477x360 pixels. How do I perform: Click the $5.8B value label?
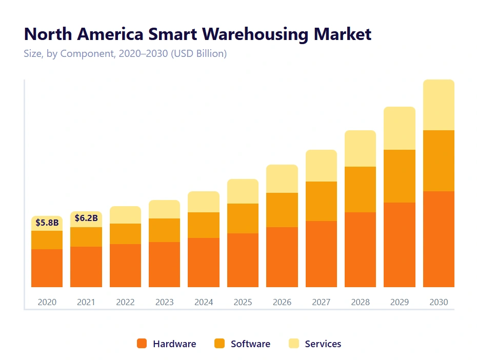[x=47, y=223]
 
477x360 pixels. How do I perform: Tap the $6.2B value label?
[x=86, y=218]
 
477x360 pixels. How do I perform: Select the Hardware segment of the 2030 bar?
[x=439, y=239]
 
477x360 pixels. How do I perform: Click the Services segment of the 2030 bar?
[x=439, y=105]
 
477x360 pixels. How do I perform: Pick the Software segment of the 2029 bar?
[x=400, y=176]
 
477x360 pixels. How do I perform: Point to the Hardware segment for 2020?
[x=47, y=268]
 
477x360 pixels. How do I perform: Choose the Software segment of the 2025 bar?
[x=243, y=218]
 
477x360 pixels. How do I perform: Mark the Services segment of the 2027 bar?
[x=321, y=166]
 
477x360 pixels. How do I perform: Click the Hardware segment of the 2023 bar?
[x=165, y=265]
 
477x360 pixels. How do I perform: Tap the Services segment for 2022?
[x=125, y=215]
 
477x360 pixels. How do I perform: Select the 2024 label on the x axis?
[x=204, y=303]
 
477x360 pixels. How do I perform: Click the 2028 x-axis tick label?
[x=360, y=303]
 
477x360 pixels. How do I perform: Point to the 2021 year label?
[x=86, y=303]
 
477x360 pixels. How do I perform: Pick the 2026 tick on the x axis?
[x=282, y=303]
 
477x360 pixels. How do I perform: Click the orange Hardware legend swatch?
[x=142, y=344]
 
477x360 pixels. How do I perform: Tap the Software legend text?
[x=250, y=344]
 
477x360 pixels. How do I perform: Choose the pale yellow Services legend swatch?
[x=294, y=344]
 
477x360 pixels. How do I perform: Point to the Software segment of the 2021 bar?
[x=86, y=237]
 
